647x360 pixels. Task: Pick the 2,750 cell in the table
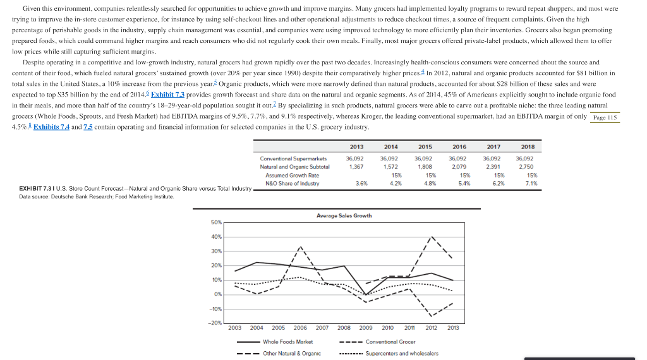(525, 166)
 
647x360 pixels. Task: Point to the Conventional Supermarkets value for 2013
(355, 158)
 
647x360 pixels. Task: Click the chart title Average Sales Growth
(344, 216)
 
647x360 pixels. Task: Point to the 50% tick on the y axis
(216, 222)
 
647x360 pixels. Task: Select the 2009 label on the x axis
(366, 328)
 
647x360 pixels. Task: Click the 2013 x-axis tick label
(453, 328)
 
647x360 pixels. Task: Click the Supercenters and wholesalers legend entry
(401, 353)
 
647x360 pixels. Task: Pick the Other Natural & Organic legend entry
(291, 353)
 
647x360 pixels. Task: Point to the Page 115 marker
(605, 118)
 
